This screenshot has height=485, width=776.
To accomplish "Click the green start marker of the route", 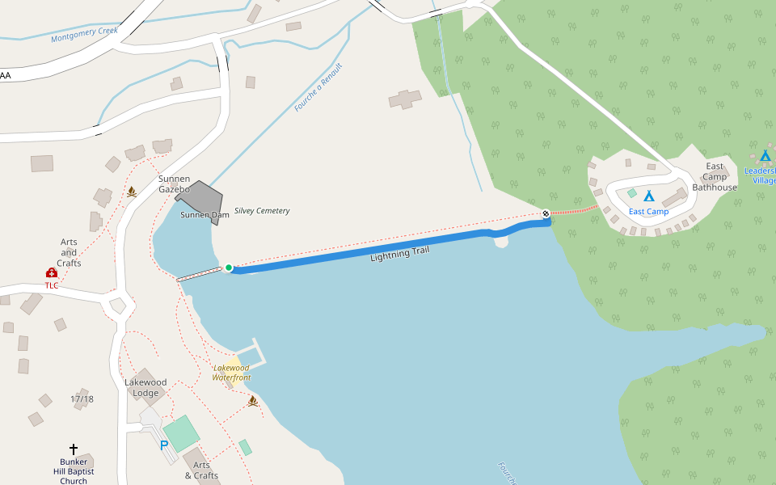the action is [229, 268].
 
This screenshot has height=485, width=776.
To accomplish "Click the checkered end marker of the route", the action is [546, 213].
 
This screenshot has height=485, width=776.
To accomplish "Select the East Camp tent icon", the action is [648, 196].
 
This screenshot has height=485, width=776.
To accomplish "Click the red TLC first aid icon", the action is [52, 273].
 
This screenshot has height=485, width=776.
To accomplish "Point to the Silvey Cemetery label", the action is [262, 211].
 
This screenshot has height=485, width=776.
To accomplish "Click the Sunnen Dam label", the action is [205, 215].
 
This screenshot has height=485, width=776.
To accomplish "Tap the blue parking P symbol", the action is [164, 445].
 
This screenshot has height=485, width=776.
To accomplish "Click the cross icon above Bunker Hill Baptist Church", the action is [74, 449].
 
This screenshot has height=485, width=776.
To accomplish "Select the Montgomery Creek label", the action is [84, 35].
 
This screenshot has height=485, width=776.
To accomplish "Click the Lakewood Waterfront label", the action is [232, 373].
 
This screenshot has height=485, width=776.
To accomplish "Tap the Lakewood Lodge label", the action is [145, 388].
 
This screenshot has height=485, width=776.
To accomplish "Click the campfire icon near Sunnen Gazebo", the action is [131, 192].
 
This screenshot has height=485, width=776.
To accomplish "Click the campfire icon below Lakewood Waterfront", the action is [253, 401].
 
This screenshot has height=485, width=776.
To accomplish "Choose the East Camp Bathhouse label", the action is [715, 177].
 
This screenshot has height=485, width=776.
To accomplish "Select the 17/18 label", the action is [82, 399].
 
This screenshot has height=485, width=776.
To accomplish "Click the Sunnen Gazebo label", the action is [174, 183].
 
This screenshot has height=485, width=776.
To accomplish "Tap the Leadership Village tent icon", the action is [765, 155].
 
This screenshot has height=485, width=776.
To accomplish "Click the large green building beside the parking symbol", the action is [182, 433].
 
